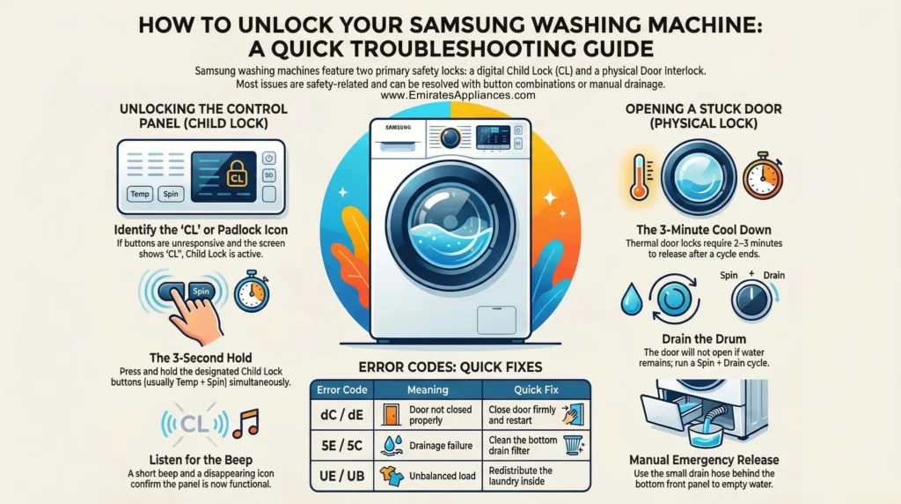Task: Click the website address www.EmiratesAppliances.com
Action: click(x=450, y=94)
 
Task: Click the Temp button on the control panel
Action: click(x=139, y=194)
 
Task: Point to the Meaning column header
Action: click(x=427, y=389)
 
